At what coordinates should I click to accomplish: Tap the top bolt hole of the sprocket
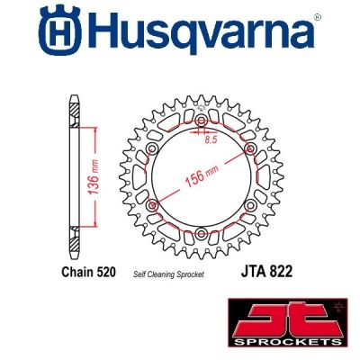click(200, 121)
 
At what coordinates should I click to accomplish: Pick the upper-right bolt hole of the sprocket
click(248, 148)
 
